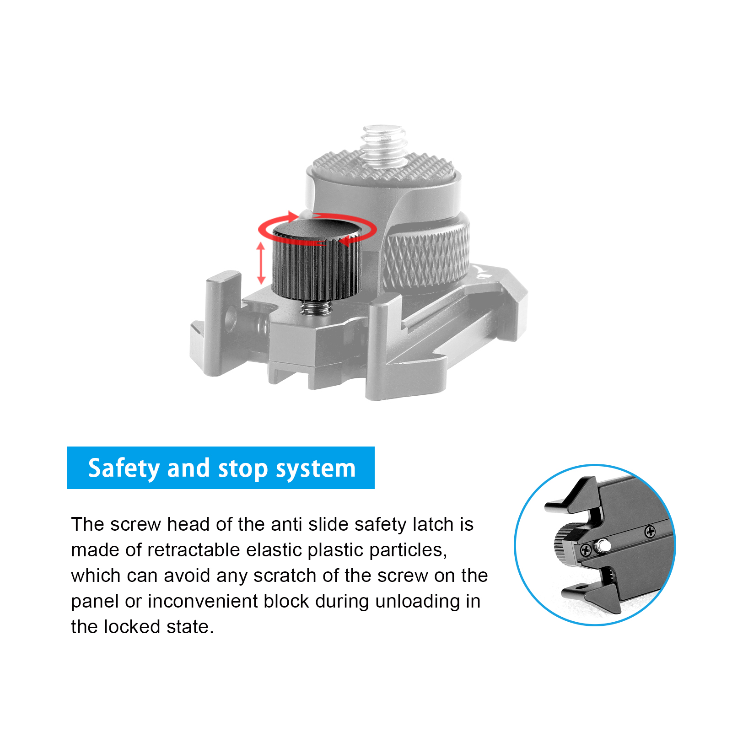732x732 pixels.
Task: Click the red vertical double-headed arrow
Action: pos(261,263)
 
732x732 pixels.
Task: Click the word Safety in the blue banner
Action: pos(124,468)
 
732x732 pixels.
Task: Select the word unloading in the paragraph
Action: pos(418,601)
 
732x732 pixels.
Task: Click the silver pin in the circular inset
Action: pos(603,545)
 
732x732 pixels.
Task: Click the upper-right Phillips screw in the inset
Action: pos(650,532)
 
